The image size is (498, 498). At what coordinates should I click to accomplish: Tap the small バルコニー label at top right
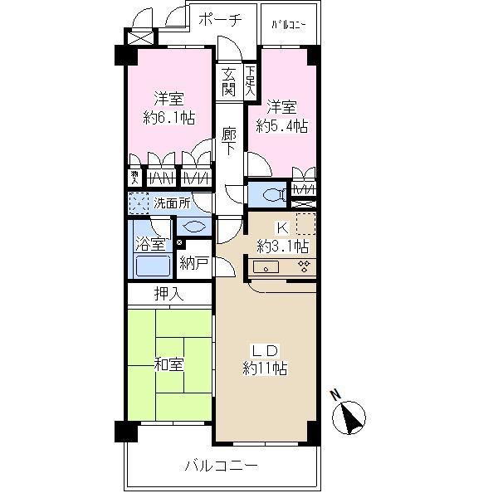pos(289,24)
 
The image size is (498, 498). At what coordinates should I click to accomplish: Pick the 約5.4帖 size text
pos(281,126)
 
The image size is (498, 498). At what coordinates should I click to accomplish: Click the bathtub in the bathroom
pos(152,266)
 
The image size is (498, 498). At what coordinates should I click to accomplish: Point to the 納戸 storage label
pos(196,264)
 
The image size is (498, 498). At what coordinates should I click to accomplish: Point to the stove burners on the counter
pos(304,266)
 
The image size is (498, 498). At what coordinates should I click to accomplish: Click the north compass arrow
pos(353,415)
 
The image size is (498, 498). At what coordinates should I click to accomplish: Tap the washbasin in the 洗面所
pos(193,226)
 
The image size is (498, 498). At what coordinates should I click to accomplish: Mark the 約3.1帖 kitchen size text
pos(282,246)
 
